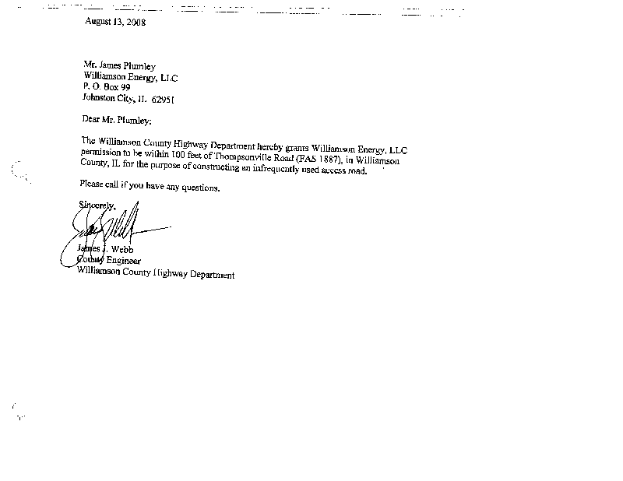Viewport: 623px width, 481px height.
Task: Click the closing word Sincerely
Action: (97, 205)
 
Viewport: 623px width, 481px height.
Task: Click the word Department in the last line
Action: (209, 275)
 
